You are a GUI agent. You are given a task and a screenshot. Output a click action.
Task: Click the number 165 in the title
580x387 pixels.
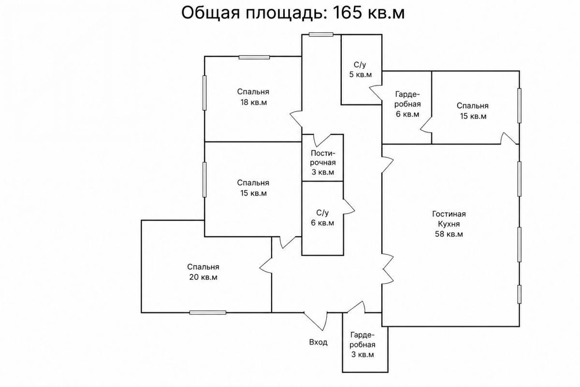tap(347, 13)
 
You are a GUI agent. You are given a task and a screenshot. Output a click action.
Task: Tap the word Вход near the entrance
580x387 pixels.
tap(318, 342)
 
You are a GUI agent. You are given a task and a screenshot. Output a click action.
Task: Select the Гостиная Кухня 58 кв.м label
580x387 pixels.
tap(449, 224)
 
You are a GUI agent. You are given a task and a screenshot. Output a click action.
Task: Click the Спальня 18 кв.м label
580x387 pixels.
tap(253, 97)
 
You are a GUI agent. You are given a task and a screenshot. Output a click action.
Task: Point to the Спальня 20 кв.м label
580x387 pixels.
tap(203, 272)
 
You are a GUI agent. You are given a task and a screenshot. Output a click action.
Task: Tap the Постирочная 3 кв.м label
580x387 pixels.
tap(323, 163)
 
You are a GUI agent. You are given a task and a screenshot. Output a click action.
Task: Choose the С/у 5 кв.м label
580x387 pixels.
tap(361, 70)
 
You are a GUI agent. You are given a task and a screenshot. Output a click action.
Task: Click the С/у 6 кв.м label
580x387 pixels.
tap(323, 218)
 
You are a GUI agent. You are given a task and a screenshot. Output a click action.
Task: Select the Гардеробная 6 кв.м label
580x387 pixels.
tap(407, 104)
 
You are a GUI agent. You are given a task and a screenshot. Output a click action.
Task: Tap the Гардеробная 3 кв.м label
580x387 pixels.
tap(362, 345)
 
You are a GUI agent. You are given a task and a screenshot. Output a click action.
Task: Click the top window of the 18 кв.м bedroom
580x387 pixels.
tap(254, 57)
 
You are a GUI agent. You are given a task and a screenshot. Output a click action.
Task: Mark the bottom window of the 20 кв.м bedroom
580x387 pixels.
tap(208, 313)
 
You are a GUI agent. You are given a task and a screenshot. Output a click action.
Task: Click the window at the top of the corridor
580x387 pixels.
tap(321, 34)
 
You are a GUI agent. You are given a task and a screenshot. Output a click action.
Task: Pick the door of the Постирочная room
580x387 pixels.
tap(322, 140)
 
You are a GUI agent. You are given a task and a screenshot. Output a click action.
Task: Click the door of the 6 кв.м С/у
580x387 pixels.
tap(349, 207)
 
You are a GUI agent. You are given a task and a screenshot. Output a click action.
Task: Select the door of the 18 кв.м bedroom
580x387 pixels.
tap(296, 119)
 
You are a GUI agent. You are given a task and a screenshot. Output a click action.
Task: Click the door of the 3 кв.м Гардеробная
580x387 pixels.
tap(356, 307)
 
